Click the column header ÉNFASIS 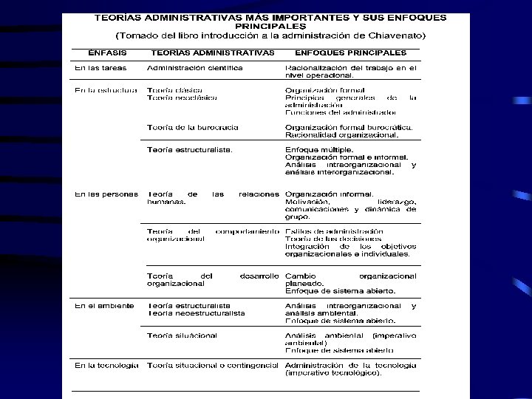pyautogui.click(x=107, y=53)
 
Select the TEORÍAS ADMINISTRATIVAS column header pyautogui.click(x=212, y=53)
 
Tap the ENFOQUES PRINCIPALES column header pyautogui.click(x=350, y=53)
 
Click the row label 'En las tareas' pyautogui.click(x=100, y=68)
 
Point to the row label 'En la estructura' pyautogui.click(x=106, y=90)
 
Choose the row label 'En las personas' pyautogui.click(x=106, y=194)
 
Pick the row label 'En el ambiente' pyautogui.click(x=104, y=305)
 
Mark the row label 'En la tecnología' pyautogui.click(x=106, y=365)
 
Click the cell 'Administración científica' pyautogui.click(x=195, y=68)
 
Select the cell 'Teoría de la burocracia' pyautogui.click(x=193, y=127)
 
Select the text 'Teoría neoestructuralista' pyautogui.click(x=196, y=313)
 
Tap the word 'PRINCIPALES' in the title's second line pyautogui.click(x=265, y=24)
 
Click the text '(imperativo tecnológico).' pyautogui.click(x=333, y=373)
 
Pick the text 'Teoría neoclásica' pyautogui.click(x=182, y=98)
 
